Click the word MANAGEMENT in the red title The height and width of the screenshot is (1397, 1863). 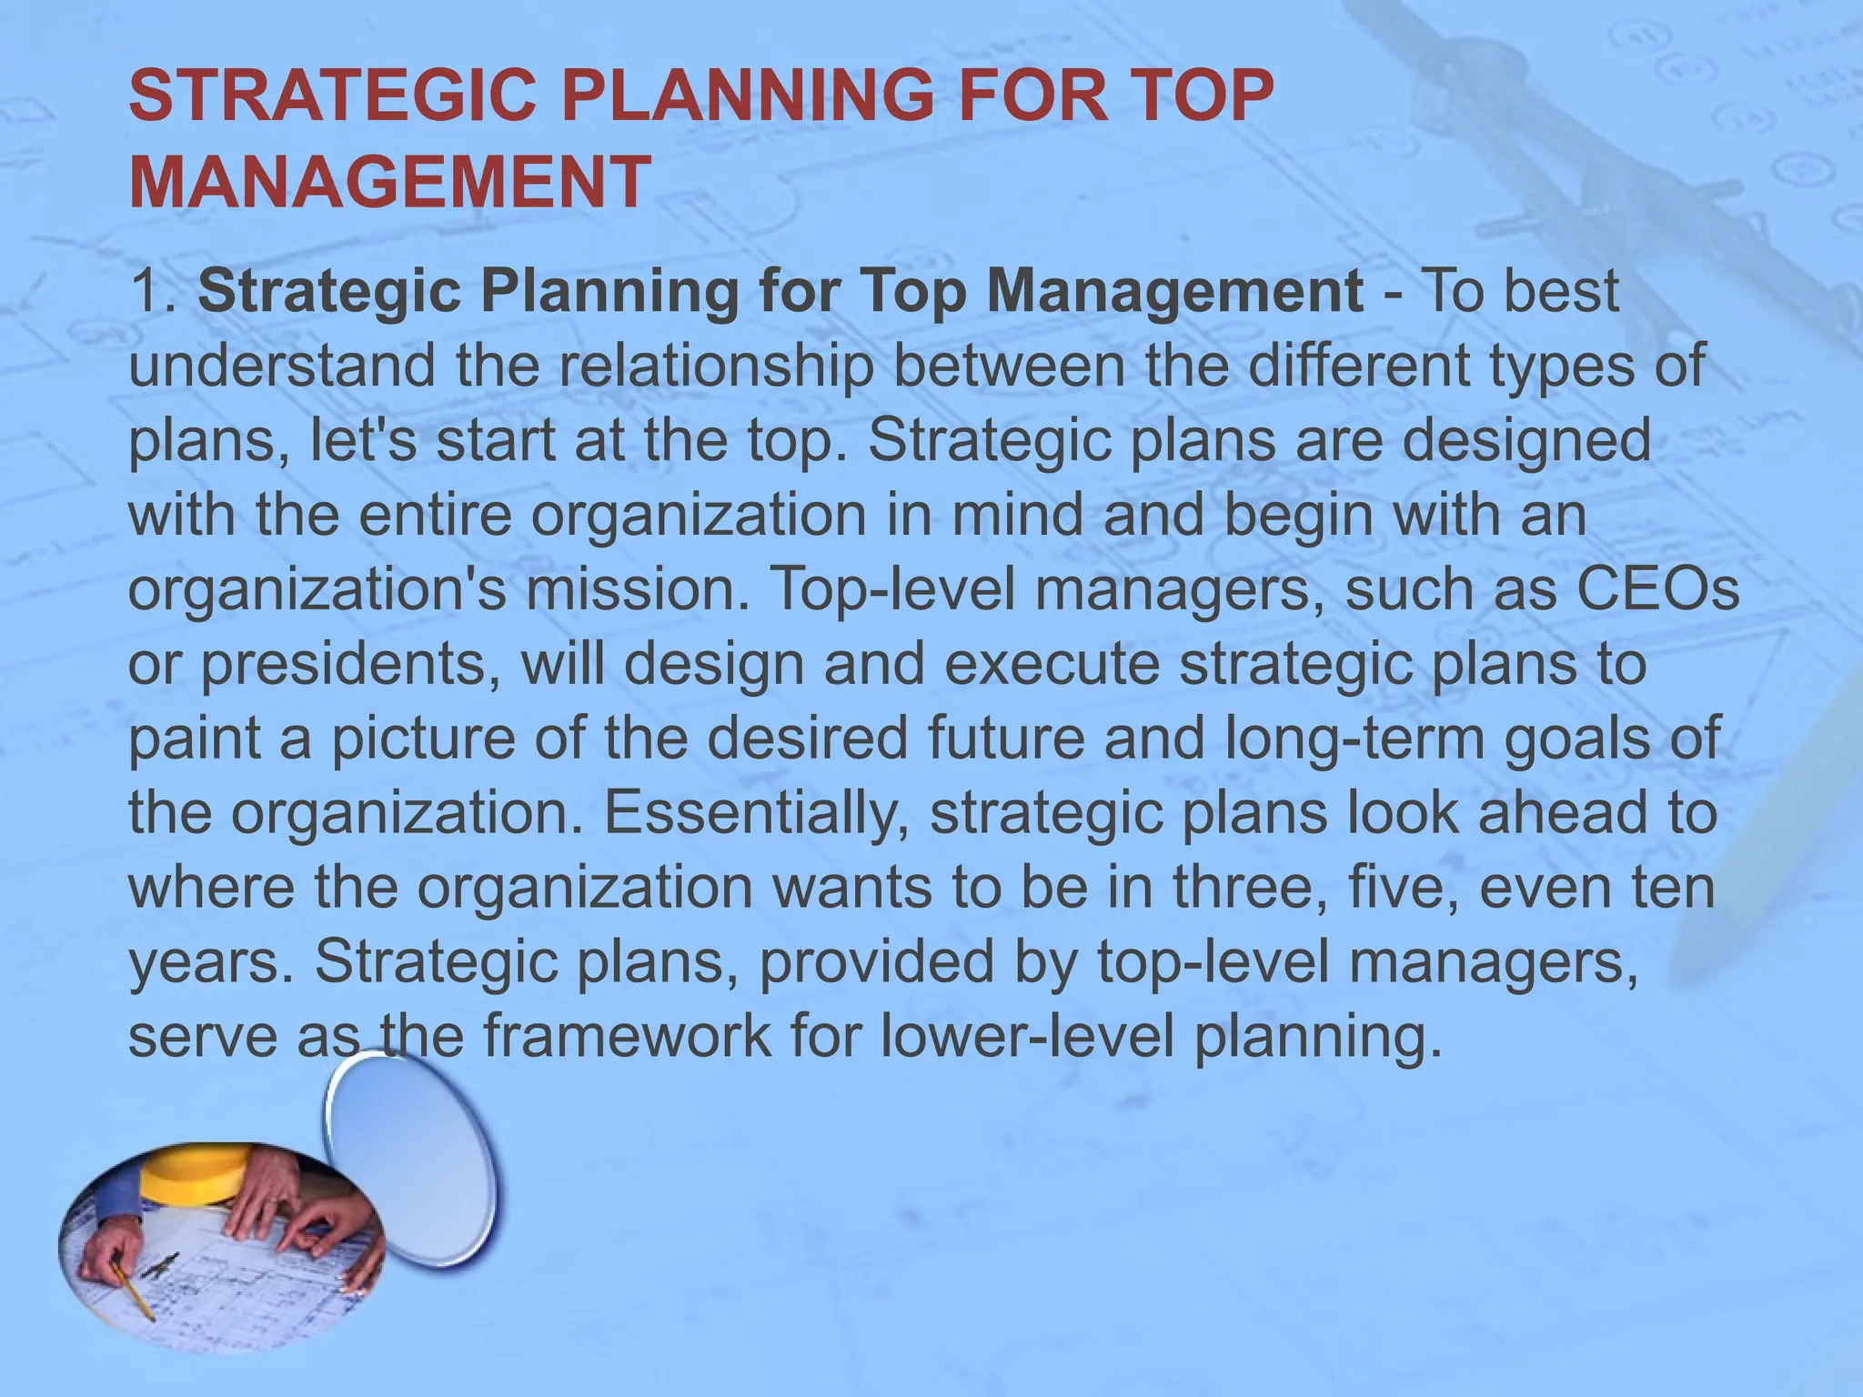click(x=389, y=182)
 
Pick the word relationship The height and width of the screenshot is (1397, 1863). click(x=715, y=366)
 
